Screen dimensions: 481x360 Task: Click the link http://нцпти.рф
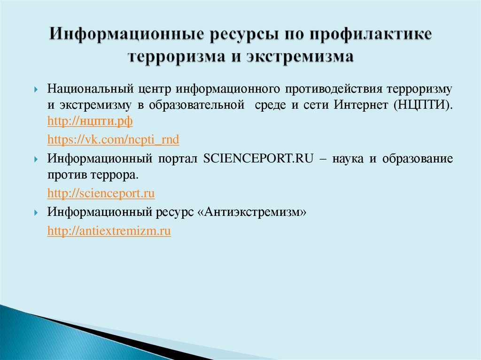[x=90, y=122]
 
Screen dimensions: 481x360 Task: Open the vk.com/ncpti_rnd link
[x=113, y=139]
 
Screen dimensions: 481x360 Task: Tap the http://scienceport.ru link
[x=101, y=193]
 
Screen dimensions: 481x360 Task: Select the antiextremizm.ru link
[x=109, y=230]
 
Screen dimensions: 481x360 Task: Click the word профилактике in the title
[x=371, y=34]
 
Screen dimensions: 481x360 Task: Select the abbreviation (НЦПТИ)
[x=423, y=105]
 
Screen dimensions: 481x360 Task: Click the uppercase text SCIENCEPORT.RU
[x=258, y=159]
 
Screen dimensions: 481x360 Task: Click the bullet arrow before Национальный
[x=36, y=90]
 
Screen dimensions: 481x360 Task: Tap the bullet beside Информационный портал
[x=36, y=160]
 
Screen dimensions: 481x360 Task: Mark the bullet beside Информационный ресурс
[x=36, y=213]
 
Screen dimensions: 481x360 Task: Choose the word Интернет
[x=361, y=105]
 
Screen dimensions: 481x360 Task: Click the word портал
[x=178, y=159]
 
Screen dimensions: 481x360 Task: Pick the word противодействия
[x=334, y=89]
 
